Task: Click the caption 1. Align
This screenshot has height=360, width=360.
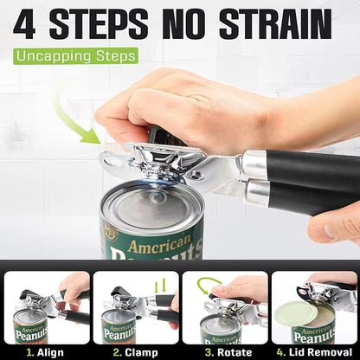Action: pyautogui.click(x=45, y=351)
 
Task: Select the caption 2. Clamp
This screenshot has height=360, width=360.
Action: pyautogui.click(x=134, y=351)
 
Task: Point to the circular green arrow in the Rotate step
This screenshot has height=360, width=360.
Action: pyautogui.click(x=208, y=285)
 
